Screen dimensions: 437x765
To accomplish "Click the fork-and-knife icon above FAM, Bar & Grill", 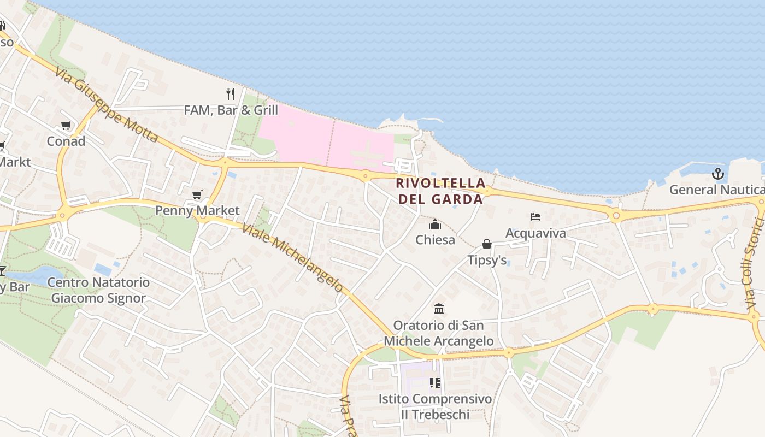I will tap(231, 94).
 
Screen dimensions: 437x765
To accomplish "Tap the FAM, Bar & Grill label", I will tap(231, 110).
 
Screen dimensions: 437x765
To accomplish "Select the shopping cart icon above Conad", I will tap(66, 126).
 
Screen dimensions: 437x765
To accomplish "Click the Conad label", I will tap(66, 141).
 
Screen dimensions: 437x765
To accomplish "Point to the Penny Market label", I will tap(197, 210).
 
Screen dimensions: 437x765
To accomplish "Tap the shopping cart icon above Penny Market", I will tap(197, 195).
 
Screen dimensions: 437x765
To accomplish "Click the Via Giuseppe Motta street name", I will tap(106, 103).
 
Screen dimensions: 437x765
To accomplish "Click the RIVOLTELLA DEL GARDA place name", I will tap(440, 191).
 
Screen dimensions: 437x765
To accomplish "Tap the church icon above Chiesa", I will tap(435, 225).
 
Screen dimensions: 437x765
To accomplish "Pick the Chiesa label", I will tap(435, 240).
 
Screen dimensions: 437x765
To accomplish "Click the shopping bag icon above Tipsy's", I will tap(487, 244).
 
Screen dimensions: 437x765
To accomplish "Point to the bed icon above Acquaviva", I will tap(535, 217).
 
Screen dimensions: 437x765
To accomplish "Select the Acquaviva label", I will tap(535, 233).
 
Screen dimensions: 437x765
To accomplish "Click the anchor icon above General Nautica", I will tap(717, 174).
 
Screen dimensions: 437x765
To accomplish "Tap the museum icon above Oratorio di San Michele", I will tap(439, 310).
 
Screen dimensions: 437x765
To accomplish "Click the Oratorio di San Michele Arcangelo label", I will tap(439, 333).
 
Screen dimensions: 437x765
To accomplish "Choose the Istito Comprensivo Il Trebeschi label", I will tap(435, 406).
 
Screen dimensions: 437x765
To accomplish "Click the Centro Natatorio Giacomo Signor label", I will tap(98, 290).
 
